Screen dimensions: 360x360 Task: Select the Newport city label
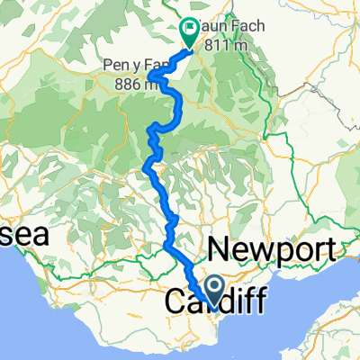[x=275, y=249]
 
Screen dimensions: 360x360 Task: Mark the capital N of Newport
[x=221, y=249]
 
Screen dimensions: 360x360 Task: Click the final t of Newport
[x=338, y=249]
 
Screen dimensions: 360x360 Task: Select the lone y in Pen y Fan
[x=134, y=67]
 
